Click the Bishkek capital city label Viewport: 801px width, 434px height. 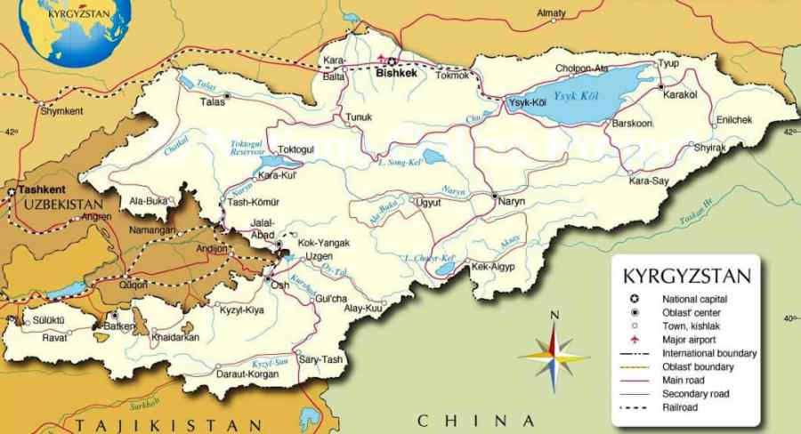point(396,73)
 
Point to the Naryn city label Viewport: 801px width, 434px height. point(511,202)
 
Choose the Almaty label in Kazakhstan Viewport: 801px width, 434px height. point(552,13)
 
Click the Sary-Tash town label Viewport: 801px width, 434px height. point(320,358)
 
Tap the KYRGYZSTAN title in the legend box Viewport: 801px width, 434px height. point(686,275)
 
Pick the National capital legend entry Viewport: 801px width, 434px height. point(694,299)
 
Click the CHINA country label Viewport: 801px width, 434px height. point(477,420)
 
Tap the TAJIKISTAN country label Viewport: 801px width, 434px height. point(168,424)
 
